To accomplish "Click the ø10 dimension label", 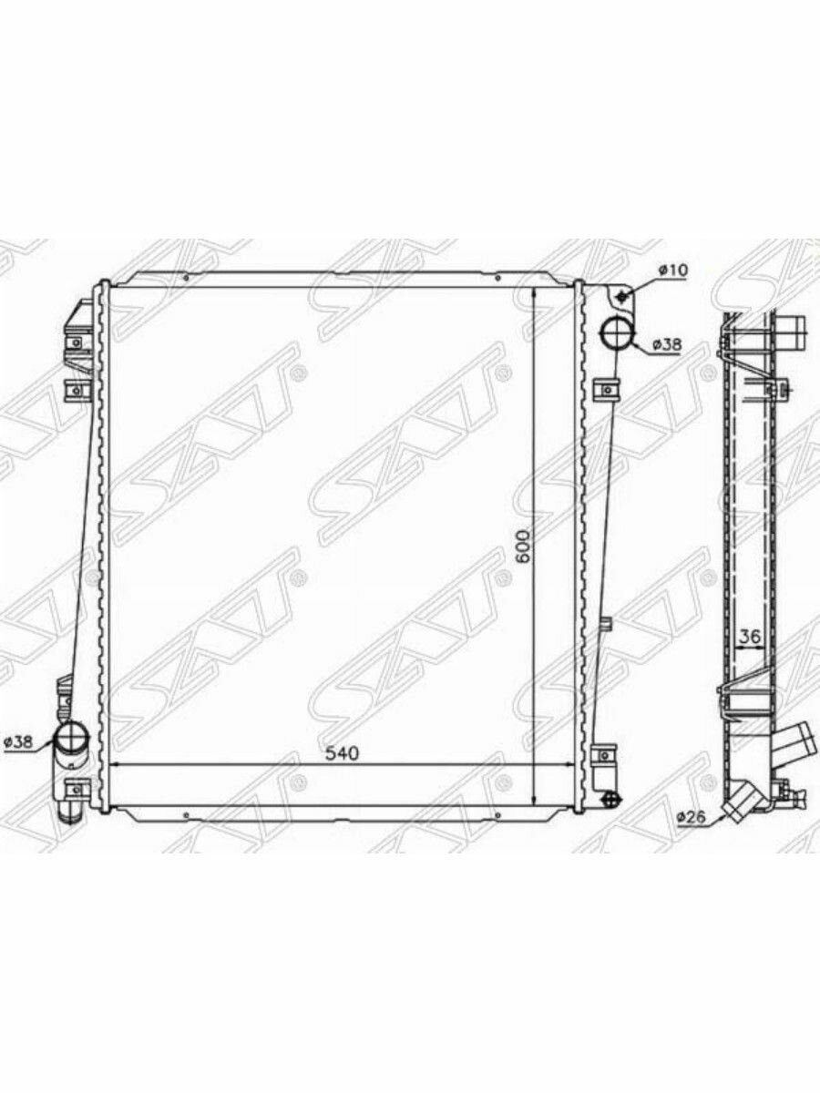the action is coord(673,271).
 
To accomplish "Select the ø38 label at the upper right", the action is coord(666,344).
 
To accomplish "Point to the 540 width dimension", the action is coord(342,768).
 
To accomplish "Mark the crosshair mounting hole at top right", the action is coord(621,297).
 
